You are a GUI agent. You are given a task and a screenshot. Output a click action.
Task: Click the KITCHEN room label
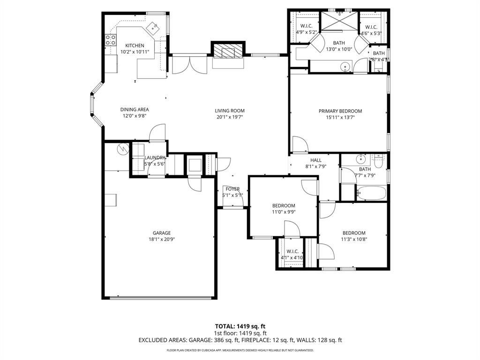(135, 45)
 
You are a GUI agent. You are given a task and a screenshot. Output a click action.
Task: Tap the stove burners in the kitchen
(111, 40)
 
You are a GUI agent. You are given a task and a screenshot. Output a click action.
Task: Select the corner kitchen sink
(153, 29)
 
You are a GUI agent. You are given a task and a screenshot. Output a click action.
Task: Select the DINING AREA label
(135, 109)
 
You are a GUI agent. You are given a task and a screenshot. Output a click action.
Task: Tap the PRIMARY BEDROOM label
(340, 111)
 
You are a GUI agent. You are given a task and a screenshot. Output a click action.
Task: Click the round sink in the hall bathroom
(362, 158)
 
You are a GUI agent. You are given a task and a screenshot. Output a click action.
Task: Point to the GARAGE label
(161, 233)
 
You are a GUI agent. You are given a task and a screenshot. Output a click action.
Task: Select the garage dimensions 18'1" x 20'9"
(161, 239)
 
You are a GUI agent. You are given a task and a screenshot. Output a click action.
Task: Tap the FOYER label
(233, 189)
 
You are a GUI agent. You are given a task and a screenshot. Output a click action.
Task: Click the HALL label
(316, 160)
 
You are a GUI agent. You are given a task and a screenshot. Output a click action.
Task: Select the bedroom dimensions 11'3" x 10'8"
(354, 239)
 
